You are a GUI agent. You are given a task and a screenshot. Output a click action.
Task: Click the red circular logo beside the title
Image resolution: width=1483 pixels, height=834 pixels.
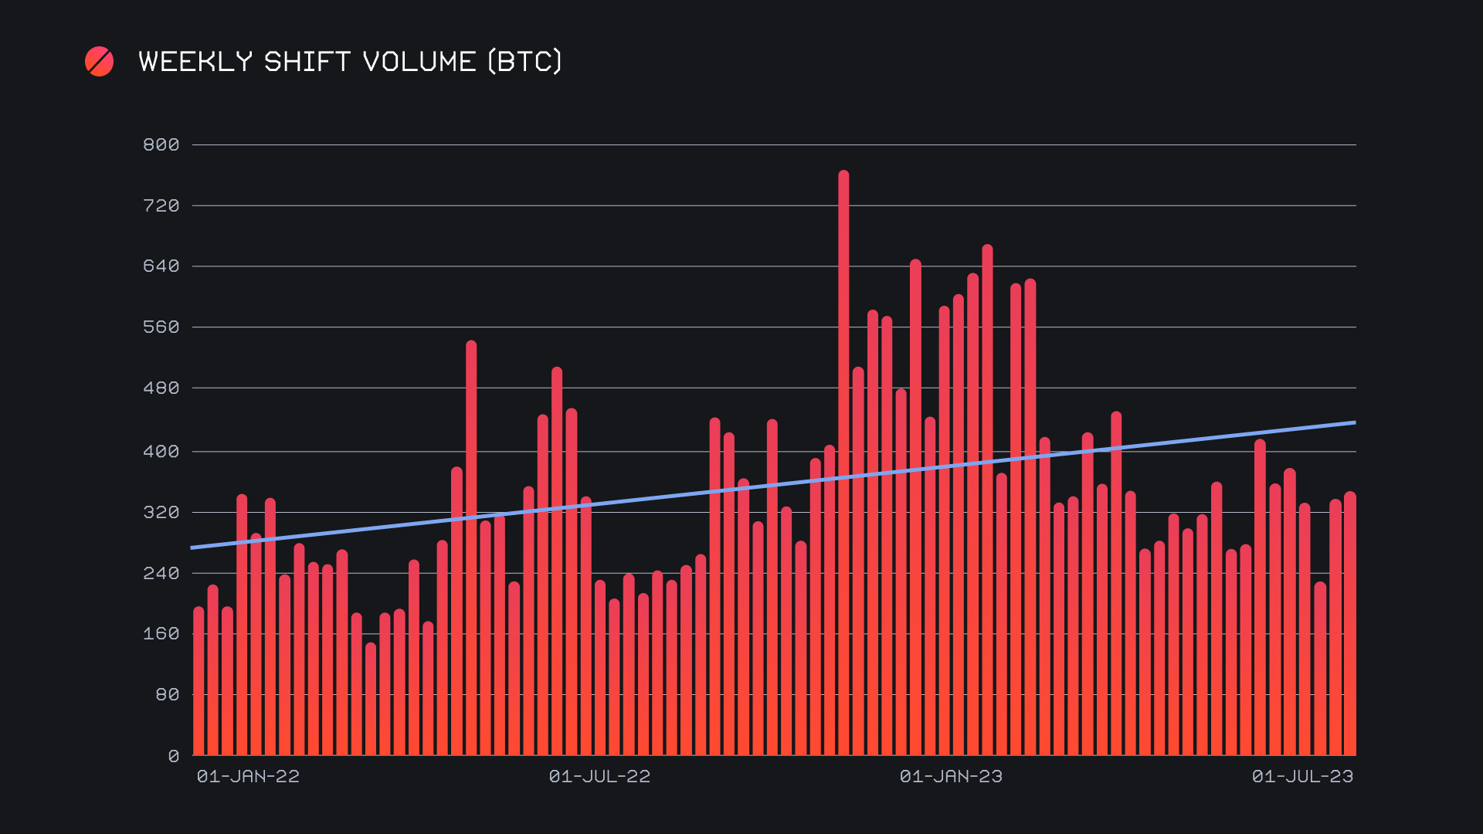click(99, 62)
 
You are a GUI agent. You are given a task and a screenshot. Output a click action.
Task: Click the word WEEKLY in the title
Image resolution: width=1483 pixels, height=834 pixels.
click(195, 62)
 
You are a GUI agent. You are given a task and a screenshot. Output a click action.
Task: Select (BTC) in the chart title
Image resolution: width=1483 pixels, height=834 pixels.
click(525, 62)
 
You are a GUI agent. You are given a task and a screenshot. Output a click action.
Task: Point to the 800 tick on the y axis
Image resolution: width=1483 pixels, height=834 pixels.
click(161, 145)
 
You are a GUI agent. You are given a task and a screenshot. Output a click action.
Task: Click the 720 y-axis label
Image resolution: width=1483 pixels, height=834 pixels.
click(161, 206)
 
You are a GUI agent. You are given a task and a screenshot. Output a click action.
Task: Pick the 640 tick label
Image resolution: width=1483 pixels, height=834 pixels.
click(161, 266)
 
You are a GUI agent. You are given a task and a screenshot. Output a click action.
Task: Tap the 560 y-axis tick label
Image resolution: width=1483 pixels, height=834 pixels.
click(161, 327)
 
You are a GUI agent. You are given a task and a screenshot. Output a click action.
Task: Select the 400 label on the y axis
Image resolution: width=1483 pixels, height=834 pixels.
click(161, 452)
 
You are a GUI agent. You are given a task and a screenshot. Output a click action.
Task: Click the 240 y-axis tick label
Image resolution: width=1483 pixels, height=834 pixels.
click(161, 574)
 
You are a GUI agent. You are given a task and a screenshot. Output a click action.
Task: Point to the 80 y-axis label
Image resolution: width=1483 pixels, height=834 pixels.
click(167, 695)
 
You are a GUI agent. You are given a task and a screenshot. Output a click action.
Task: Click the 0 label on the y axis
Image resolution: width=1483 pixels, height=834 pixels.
click(174, 757)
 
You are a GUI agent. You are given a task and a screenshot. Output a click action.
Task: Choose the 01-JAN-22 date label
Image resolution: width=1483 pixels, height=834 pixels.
click(248, 777)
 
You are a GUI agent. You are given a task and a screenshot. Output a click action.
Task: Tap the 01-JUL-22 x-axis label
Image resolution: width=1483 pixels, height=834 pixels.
click(599, 777)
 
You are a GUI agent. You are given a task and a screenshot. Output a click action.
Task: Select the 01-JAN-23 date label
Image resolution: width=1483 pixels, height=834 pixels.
click(951, 777)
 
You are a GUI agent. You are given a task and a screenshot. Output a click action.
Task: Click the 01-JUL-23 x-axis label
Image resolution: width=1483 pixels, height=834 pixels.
click(1302, 777)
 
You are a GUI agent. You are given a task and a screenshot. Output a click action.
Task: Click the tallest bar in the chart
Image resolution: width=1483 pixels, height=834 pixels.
click(843, 463)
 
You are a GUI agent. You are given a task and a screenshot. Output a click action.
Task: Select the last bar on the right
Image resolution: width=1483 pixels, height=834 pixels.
click(1349, 625)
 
